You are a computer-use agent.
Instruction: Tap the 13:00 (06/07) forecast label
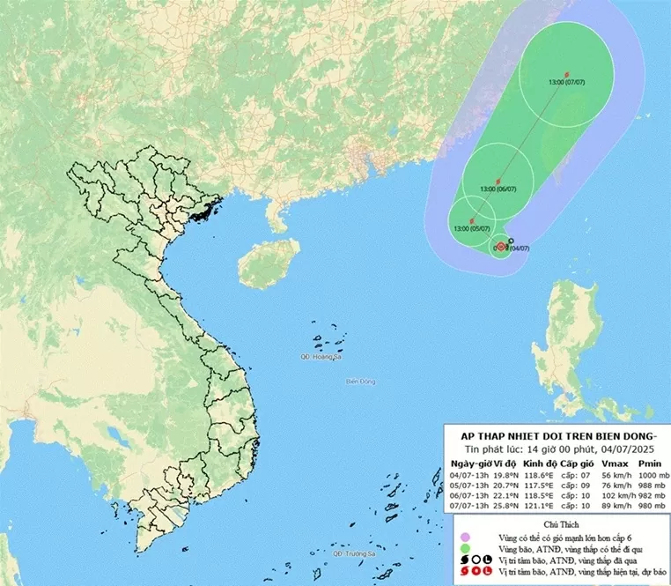pyautogui.click(x=498, y=189)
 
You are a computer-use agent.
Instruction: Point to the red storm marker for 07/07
pyautogui.click(x=566, y=72)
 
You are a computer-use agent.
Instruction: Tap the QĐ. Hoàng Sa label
pyautogui.click(x=319, y=356)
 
